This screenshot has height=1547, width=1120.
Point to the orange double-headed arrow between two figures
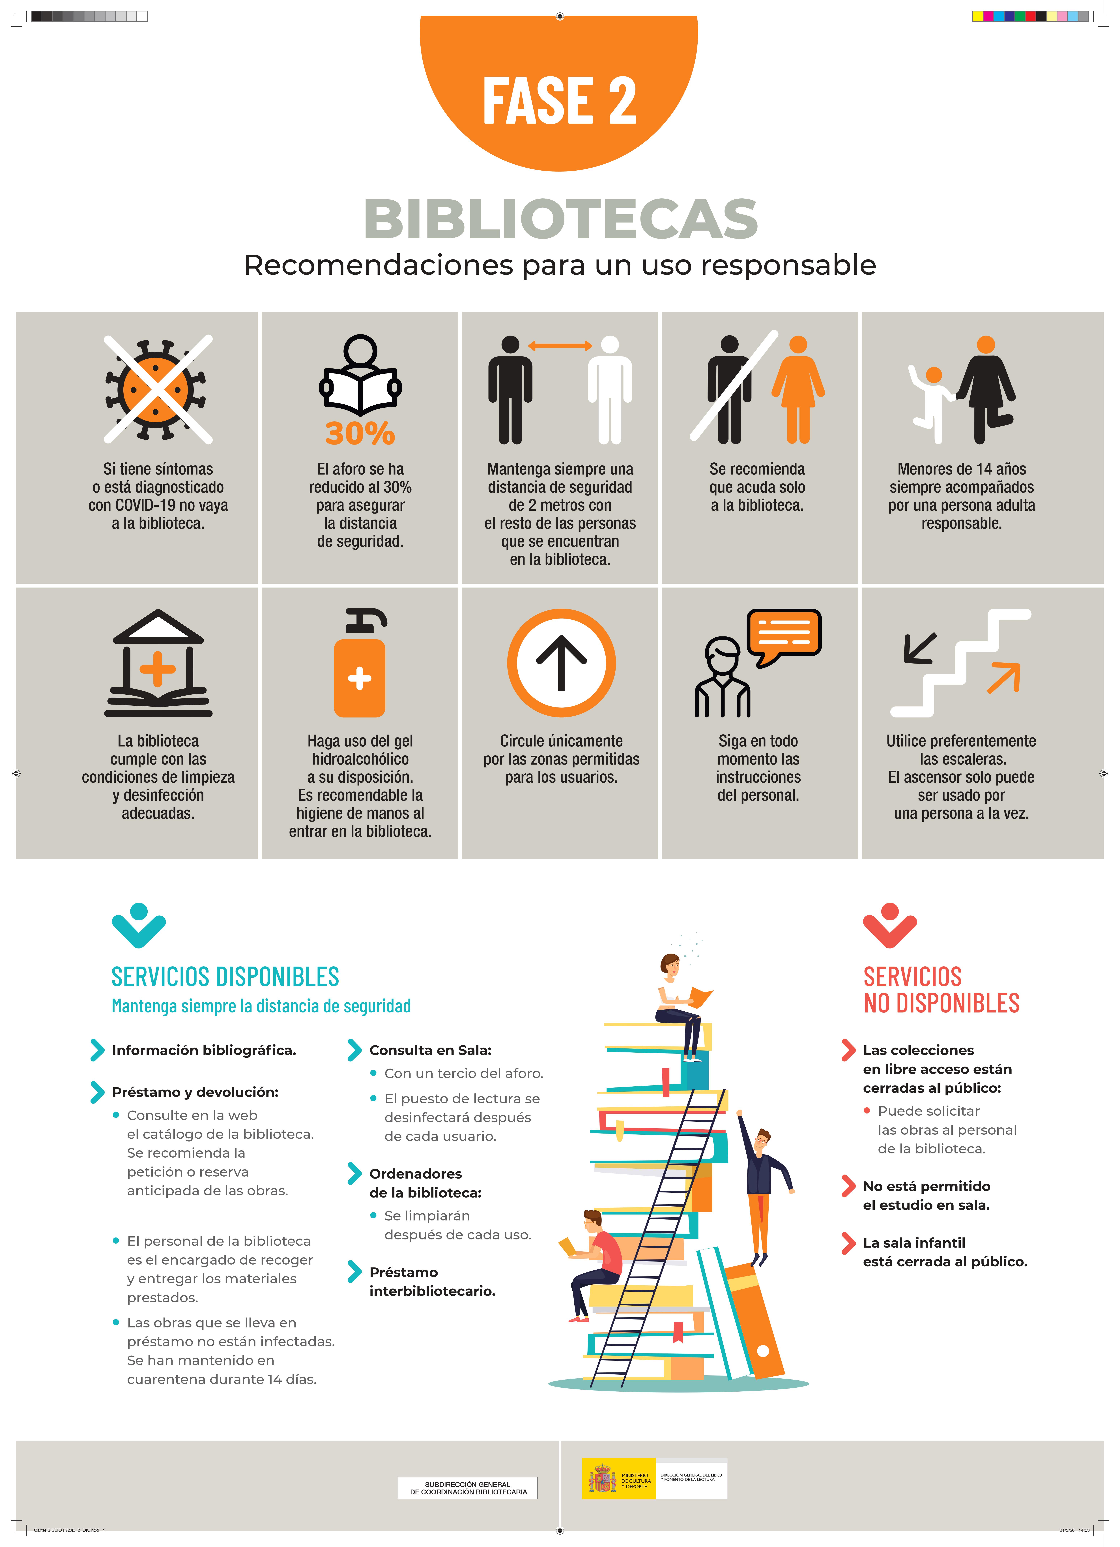point(560,346)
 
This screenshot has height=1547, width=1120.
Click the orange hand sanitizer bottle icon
point(360,663)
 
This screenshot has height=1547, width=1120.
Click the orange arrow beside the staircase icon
point(1004,677)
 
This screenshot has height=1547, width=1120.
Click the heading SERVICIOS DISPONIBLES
point(225,977)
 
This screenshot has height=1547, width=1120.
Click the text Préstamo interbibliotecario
point(433,1281)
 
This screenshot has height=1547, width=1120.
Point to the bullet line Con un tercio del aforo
point(464,1073)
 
